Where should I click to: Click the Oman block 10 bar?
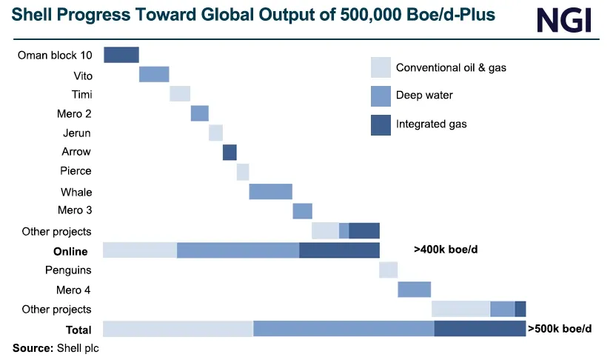click(x=121, y=55)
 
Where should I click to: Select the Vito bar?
click(x=154, y=74)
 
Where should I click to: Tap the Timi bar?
click(x=180, y=94)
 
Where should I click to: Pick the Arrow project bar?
click(x=230, y=152)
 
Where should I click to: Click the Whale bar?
click(x=270, y=191)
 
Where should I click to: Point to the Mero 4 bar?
click(x=414, y=289)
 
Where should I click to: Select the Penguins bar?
click(x=388, y=270)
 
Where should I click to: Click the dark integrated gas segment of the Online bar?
click(x=339, y=250)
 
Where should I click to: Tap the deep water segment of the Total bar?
click(x=344, y=328)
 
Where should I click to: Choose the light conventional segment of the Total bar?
click(x=178, y=328)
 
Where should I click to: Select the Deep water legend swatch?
click(x=381, y=96)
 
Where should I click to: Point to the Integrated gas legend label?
click(x=432, y=124)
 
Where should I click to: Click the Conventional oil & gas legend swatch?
click(x=381, y=67)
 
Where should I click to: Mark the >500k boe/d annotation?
click(x=560, y=327)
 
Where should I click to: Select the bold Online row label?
click(x=70, y=251)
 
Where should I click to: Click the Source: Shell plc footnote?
click(x=56, y=347)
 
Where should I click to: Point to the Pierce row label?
click(x=76, y=171)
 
